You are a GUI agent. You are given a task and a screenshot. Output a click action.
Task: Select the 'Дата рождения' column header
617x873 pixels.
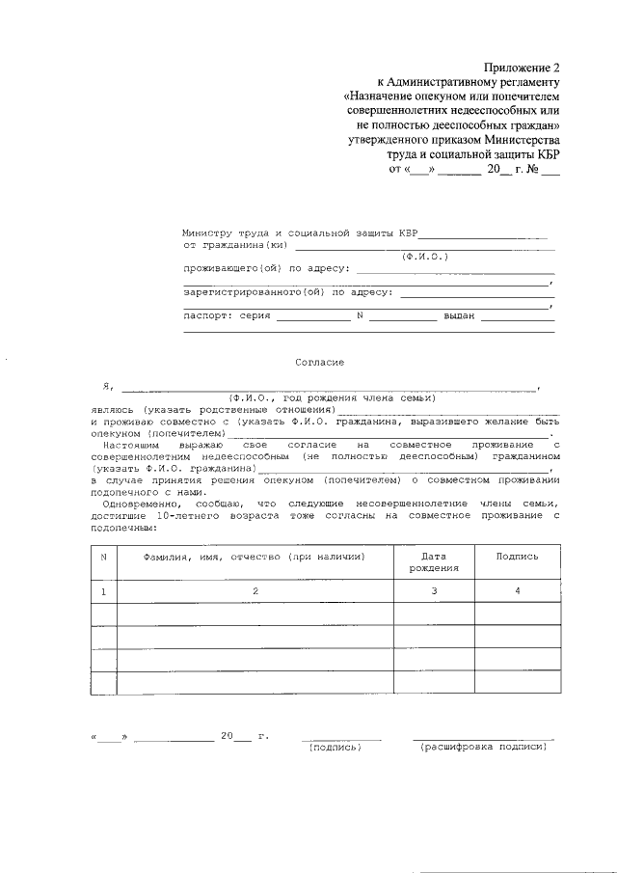tap(434, 562)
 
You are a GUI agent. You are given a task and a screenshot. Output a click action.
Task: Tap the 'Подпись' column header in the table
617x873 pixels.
tap(517, 557)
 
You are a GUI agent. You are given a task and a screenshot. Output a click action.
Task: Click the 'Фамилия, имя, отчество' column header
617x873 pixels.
tap(255, 557)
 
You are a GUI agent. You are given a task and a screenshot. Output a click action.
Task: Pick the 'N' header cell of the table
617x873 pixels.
tap(103, 557)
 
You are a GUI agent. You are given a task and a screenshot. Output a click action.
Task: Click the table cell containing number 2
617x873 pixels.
tap(255, 589)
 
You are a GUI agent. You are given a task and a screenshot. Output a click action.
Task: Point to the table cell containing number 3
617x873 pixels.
tap(434, 589)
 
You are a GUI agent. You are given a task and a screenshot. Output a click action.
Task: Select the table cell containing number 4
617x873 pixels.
tap(517, 589)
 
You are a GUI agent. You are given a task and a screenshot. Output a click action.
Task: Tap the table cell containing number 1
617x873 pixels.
tap(103, 589)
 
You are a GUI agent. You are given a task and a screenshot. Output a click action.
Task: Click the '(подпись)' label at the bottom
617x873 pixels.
tap(334, 747)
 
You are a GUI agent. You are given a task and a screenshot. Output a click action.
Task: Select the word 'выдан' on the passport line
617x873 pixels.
tap(459, 315)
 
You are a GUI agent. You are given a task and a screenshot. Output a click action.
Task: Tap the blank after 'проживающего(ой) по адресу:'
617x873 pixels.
tap(456, 270)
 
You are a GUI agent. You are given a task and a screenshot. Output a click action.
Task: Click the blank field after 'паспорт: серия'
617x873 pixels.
tap(312, 316)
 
